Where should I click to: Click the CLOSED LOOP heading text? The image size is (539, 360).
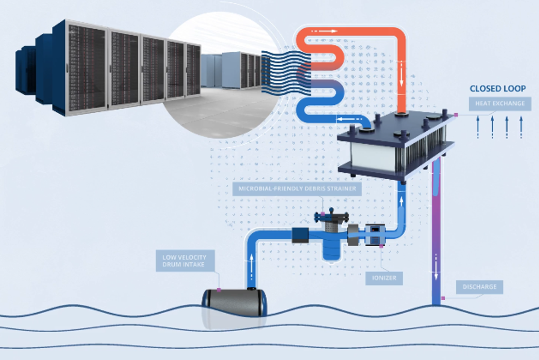pos(497,89)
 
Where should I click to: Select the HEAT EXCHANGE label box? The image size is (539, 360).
pos(500,103)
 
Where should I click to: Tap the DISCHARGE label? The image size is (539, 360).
pos(479,287)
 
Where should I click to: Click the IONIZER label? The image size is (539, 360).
pos(384,278)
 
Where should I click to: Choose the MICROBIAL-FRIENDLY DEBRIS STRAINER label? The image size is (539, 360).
pos(297,188)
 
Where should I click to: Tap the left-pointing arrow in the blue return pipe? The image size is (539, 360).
pos(346,119)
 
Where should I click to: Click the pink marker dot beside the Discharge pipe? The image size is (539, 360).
pos(443,298)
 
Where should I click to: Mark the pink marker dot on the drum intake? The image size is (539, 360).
pos(219,289)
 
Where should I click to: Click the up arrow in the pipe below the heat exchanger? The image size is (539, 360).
pos(401,201)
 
